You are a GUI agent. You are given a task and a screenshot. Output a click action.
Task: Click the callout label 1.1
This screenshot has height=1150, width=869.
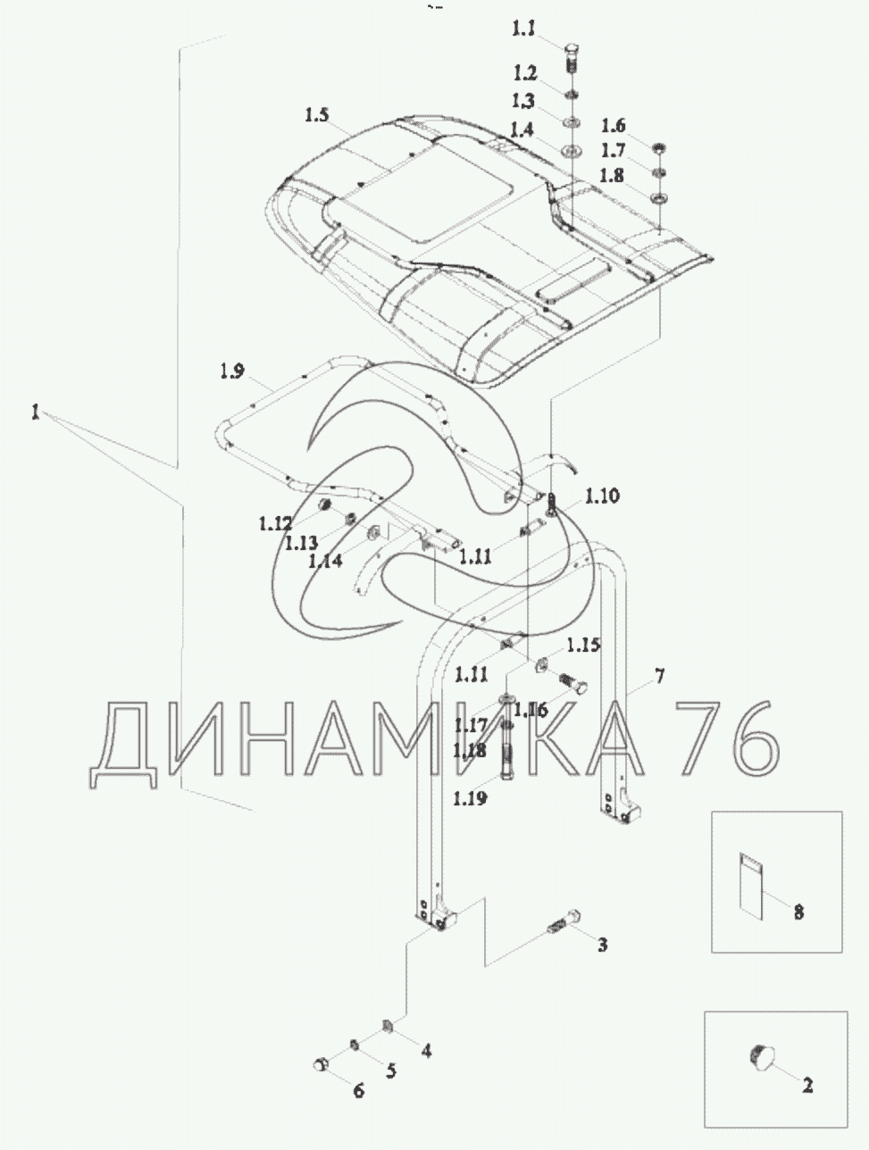click(523, 29)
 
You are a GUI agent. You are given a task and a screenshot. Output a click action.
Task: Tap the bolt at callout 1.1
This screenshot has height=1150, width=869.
click(572, 59)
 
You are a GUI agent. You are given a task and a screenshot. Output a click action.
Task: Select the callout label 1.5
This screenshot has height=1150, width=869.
click(317, 115)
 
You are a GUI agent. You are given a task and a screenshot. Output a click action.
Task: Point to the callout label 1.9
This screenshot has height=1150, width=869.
click(232, 371)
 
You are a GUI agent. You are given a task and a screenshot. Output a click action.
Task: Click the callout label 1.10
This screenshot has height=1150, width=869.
click(602, 496)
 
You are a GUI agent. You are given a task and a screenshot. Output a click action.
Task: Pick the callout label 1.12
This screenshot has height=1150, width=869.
click(275, 523)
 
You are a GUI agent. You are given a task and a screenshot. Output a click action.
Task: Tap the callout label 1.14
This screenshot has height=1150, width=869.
click(325, 561)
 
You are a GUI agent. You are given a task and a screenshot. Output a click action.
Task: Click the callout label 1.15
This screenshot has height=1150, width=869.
click(583, 645)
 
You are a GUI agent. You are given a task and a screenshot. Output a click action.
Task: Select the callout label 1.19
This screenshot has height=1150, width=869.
click(470, 798)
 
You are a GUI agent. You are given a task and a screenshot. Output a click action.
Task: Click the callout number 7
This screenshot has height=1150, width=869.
click(660, 676)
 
